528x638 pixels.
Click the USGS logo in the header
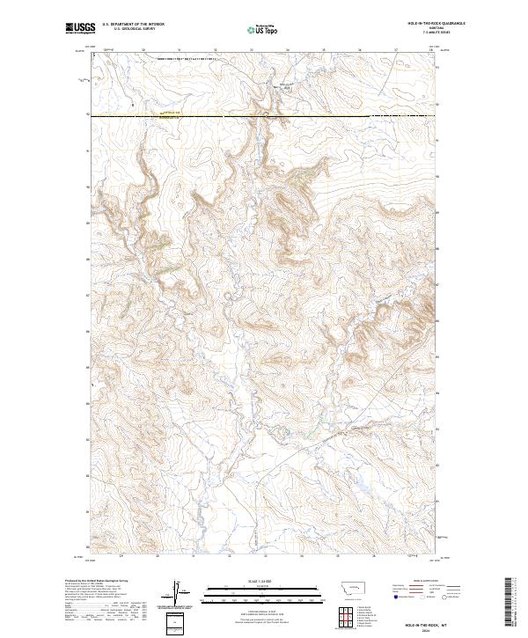tap(80, 28)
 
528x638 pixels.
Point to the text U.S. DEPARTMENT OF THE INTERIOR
tap(132, 25)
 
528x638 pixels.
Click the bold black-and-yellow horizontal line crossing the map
tap(264, 115)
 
